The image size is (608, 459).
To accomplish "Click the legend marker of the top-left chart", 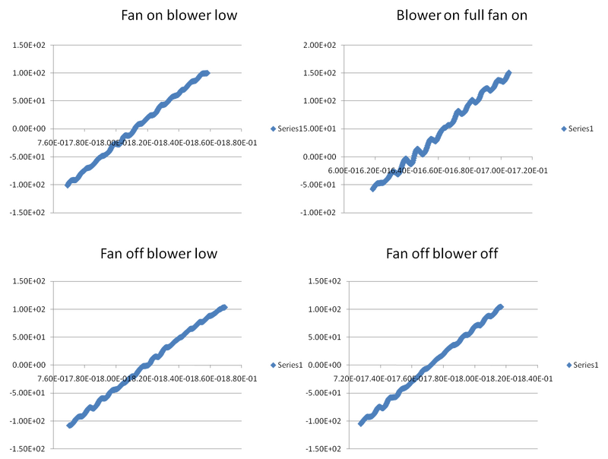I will (x=273, y=129).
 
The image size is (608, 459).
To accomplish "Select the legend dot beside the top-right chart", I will (x=563, y=129).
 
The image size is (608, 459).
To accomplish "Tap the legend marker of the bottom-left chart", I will (x=273, y=366).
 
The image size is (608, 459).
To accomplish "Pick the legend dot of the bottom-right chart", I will (x=568, y=366).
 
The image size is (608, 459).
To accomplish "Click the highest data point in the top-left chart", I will (x=207, y=72).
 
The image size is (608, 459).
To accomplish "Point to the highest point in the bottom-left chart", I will (x=224, y=306).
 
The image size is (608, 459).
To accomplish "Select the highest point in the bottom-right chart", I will (x=500, y=306).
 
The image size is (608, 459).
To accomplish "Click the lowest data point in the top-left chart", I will (x=67, y=185).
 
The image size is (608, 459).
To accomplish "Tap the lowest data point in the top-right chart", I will (x=372, y=189).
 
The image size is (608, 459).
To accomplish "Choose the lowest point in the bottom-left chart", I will (x=68, y=426).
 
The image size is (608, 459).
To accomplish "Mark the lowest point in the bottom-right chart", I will (x=360, y=425).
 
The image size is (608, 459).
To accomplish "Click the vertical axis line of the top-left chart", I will (x=51, y=129).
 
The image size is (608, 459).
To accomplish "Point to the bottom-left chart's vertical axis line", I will (x=51, y=366).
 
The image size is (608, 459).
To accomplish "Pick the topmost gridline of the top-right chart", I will (x=441, y=46).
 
